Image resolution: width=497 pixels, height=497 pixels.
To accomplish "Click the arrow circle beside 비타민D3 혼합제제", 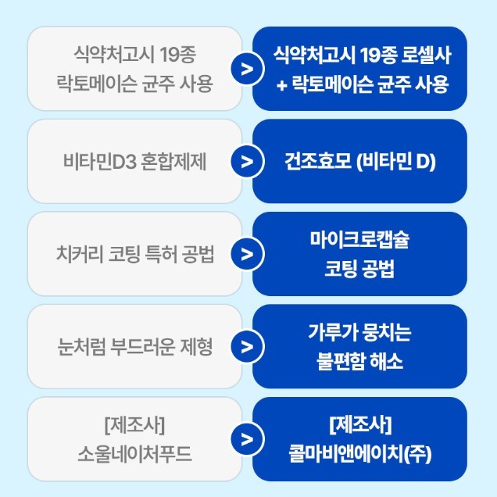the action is pos(247,162).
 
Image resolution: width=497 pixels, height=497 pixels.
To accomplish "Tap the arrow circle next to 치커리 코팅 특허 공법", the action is pos(247,254).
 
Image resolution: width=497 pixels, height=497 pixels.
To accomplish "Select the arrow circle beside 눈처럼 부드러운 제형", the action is pos(247,347).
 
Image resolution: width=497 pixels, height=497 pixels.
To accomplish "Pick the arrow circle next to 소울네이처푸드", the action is pos(247,439).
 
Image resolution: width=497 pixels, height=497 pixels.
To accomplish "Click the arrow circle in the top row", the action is pos(247,70).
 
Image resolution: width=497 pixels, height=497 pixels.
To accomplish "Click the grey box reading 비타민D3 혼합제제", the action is pos(134,162).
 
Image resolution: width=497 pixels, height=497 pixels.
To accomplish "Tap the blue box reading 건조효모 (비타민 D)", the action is pos(359,162).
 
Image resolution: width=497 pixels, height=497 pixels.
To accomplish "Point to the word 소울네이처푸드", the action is pos(134,454).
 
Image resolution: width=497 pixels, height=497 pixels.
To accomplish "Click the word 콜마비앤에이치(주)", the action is pos(359,454).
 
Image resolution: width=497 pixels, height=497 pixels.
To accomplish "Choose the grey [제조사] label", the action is pos(134,425).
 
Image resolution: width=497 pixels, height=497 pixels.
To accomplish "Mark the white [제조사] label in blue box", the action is pos(359,425).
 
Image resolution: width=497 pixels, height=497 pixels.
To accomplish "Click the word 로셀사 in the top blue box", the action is pos(425,55).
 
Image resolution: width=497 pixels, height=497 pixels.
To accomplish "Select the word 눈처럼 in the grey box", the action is pos(80,347).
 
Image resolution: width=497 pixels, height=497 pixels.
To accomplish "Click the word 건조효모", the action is pos(316,162).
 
